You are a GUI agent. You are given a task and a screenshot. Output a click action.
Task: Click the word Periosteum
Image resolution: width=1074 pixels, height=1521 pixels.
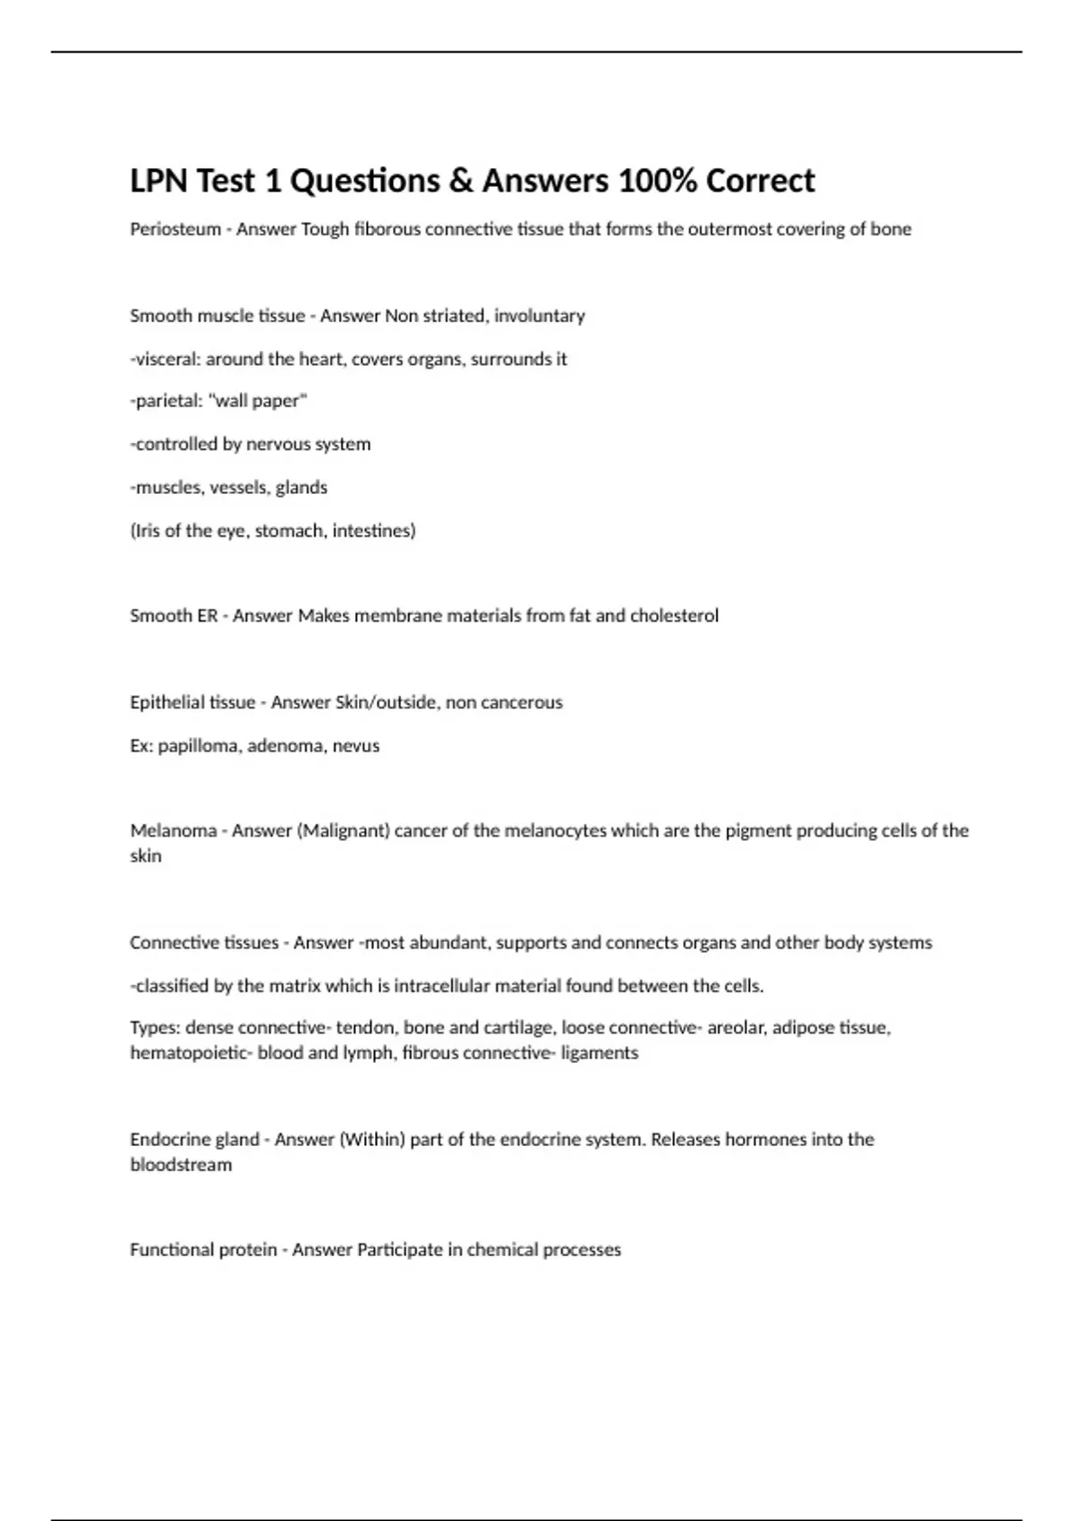tap(175, 229)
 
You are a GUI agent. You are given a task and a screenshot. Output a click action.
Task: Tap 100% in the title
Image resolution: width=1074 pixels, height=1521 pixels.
tap(656, 181)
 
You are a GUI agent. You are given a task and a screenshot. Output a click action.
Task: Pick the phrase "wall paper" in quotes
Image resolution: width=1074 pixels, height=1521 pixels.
tap(258, 401)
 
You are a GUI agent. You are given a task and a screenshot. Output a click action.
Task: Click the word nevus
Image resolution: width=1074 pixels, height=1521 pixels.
tap(356, 745)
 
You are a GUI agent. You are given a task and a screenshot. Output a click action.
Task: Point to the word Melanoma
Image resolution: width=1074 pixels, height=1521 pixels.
tap(174, 830)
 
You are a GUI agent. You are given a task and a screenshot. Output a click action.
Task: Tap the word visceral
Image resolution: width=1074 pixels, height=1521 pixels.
tap(166, 359)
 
